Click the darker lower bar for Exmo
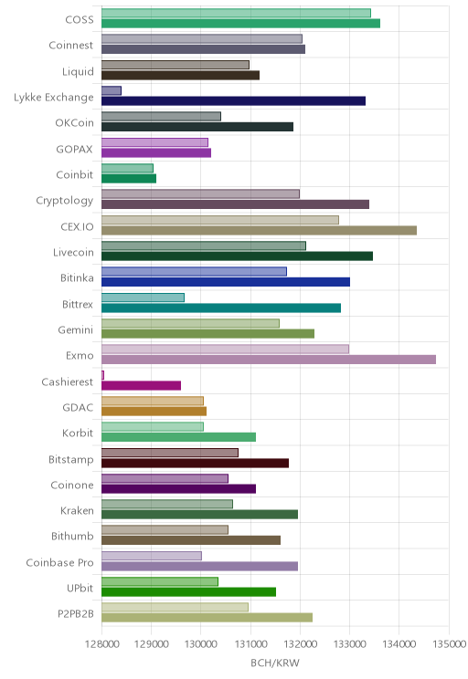[269, 360]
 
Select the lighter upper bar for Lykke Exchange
[112, 90]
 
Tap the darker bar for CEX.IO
[259, 230]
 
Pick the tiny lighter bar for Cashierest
[102, 375]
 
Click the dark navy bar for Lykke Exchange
[233, 101]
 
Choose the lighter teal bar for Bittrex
[143, 298]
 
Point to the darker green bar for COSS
[240, 24]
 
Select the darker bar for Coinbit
[129, 178]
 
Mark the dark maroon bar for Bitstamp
[196, 464]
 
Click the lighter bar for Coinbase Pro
[152, 556]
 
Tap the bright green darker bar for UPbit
[188, 592]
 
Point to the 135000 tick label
[449, 643]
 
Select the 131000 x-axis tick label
[250, 643]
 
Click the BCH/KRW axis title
[275, 663]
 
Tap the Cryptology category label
[65, 201]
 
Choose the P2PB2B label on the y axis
[76, 613]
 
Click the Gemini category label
[76, 330]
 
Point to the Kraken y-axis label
[77, 510]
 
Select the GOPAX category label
[75, 150]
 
